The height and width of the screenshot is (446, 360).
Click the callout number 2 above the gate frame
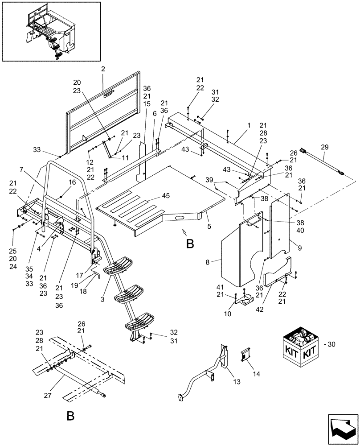pos(103,69)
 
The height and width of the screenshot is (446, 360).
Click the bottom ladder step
pos(139,322)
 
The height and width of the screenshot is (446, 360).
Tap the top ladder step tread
pos(120,266)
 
